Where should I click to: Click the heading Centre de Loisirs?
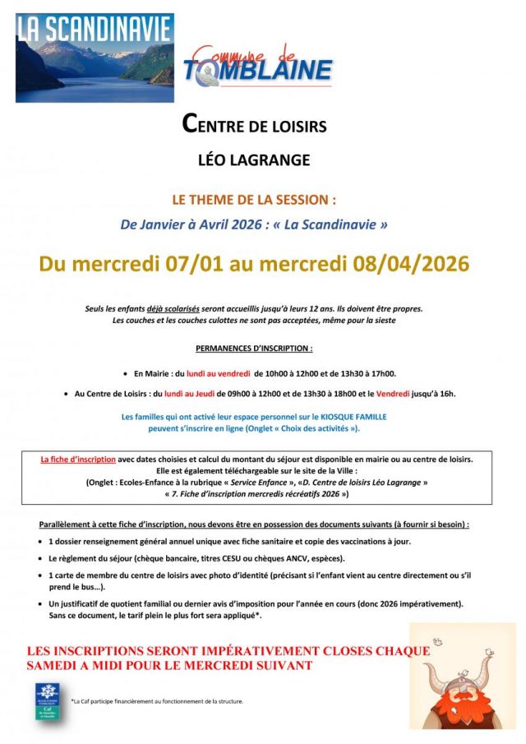point(254,127)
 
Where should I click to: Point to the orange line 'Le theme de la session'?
point(253,200)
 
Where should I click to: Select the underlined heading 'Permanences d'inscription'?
point(254,349)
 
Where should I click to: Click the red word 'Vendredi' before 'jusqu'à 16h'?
point(397,394)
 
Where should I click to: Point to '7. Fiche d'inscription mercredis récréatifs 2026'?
point(256,494)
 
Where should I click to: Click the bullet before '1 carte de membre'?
point(41,576)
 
